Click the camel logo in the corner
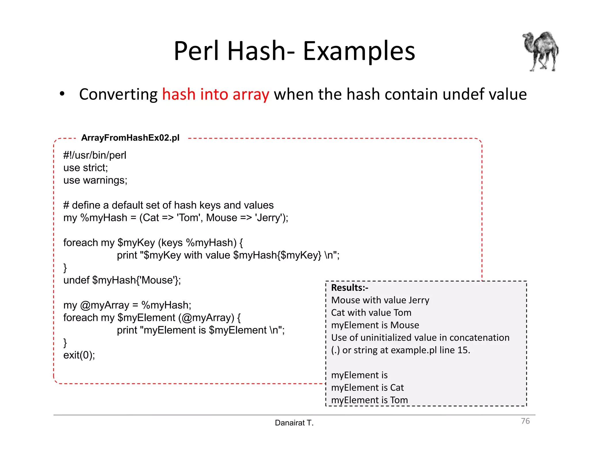tap(541, 51)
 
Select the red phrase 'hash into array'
tap(216, 94)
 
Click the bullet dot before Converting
tap(62, 94)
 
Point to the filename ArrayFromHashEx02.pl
tap(130, 138)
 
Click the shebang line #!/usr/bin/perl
tap(95, 155)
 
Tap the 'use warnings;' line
tap(95, 180)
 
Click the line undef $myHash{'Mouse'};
tap(122, 280)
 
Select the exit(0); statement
tap(79, 355)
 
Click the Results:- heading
tap(349, 288)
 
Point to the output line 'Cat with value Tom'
tap(371, 313)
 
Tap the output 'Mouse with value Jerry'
tap(380, 300)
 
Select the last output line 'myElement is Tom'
tap(369, 400)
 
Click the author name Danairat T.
tap(294, 423)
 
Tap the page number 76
tap(525, 421)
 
